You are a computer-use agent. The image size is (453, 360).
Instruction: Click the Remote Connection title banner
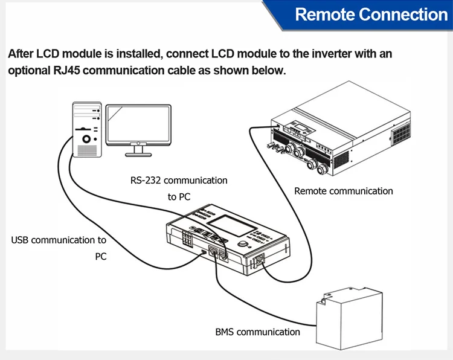point(371,14)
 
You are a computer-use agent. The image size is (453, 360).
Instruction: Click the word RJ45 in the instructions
point(61,70)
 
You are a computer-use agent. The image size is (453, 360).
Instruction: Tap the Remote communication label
point(343,191)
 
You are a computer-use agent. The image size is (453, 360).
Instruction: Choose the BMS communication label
point(257,332)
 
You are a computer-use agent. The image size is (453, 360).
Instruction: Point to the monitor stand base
point(138,152)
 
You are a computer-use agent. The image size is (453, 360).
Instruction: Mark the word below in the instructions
point(266,70)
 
